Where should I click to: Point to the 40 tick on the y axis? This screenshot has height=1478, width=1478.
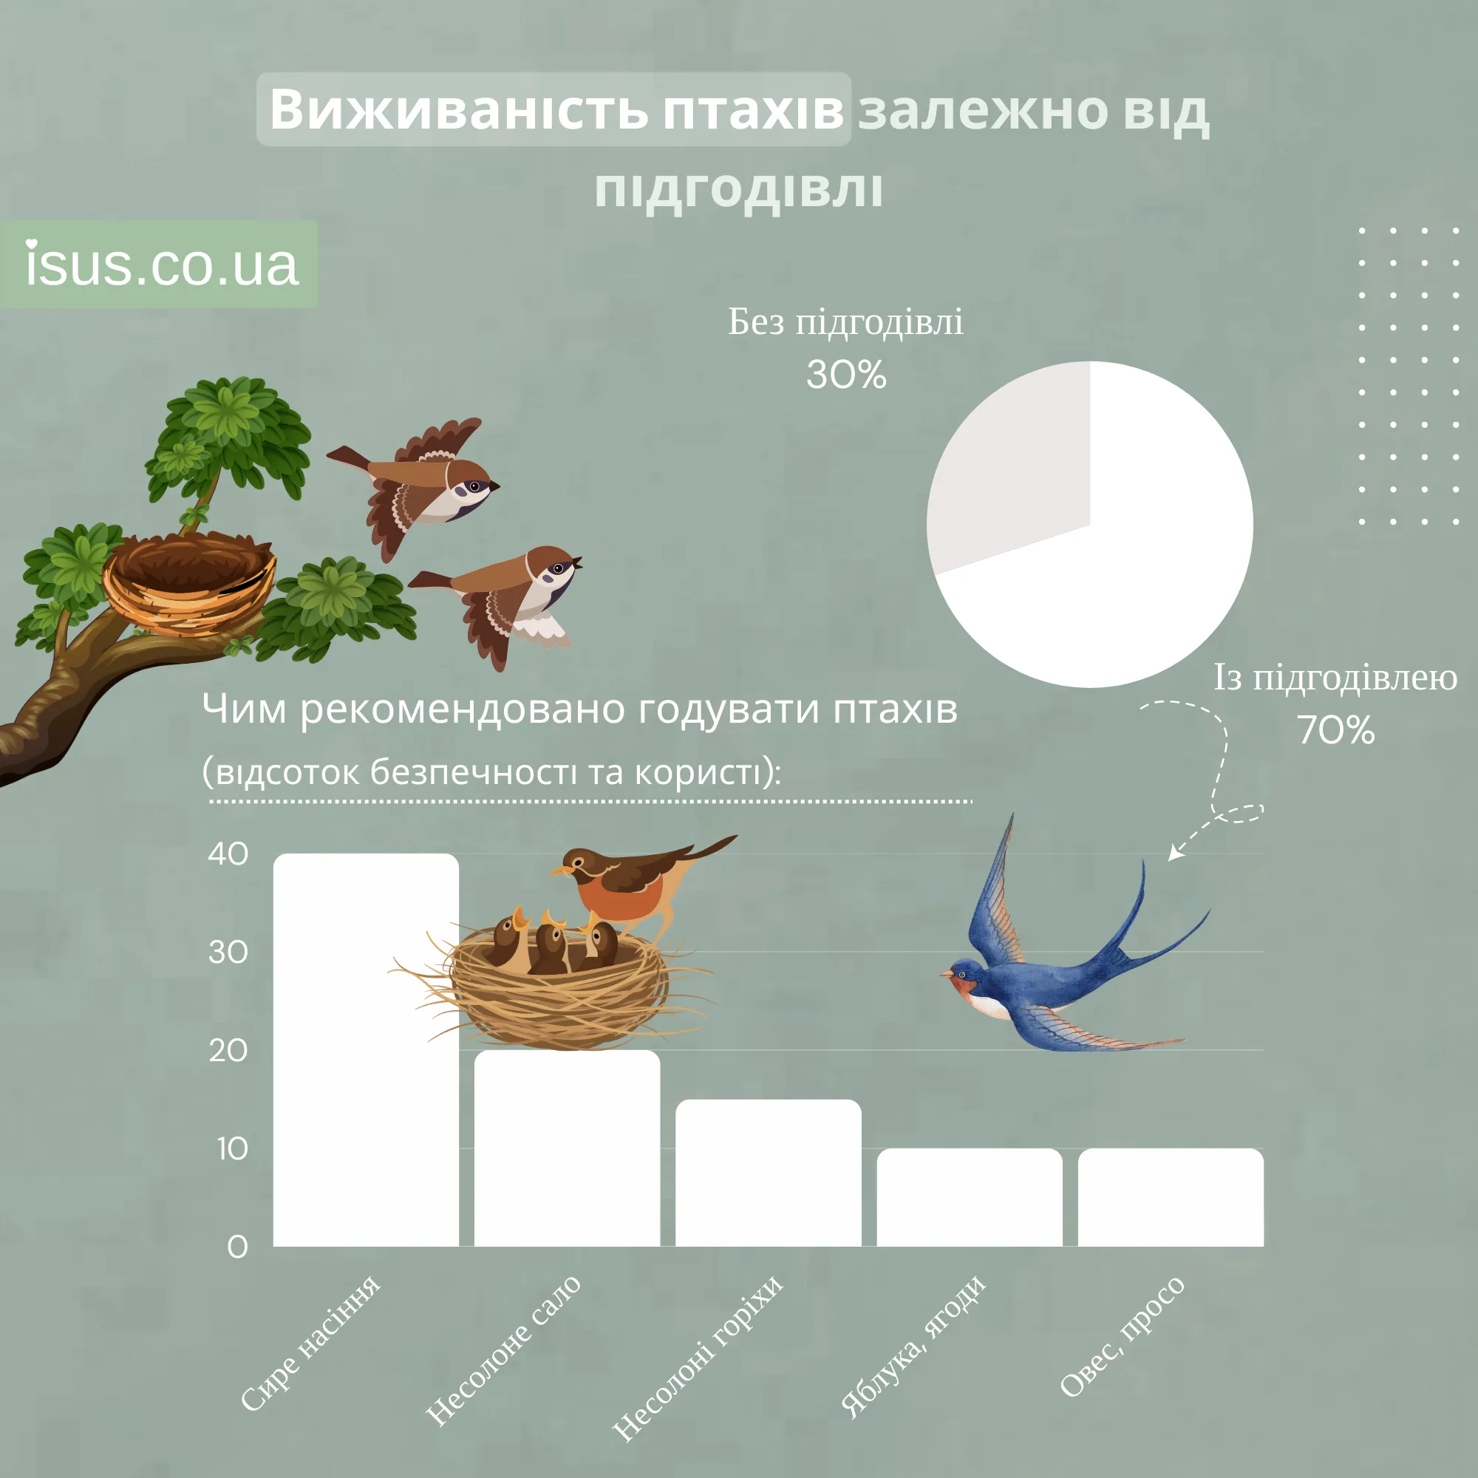[228, 854]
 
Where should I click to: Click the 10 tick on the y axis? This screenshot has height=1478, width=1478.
[232, 1149]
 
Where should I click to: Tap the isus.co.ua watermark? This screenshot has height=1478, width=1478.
[160, 265]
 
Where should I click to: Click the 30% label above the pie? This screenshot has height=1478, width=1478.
[846, 375]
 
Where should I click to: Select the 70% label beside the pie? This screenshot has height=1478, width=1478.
[1335, 730]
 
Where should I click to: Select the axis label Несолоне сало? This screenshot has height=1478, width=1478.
[503, 1350]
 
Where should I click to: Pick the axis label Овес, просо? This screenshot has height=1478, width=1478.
[1123, 1335]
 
